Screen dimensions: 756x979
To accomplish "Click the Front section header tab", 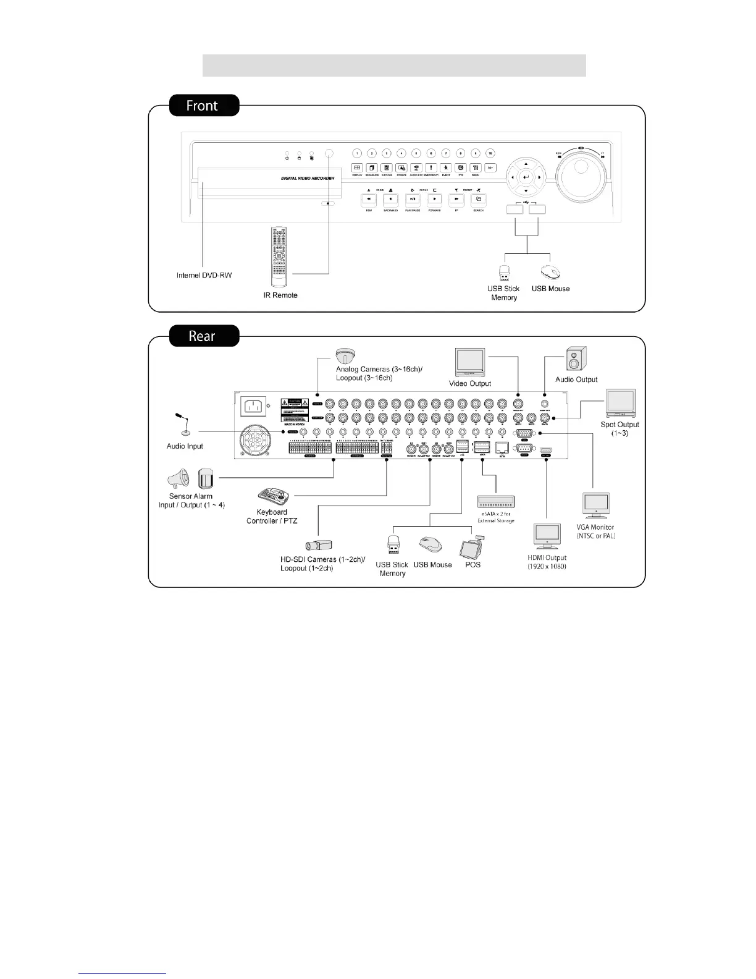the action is [x=202, y=106].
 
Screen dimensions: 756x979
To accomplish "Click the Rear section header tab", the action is [x=202, y=336].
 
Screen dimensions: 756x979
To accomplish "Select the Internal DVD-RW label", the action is [x=204, y=275].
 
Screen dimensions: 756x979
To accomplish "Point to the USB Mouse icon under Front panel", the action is [x=550, y=273].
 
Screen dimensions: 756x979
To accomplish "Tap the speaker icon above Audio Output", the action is [x=577, y=358].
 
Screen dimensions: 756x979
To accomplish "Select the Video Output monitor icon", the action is [x=470, y=362].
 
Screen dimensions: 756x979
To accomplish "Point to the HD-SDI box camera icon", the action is [x=319, y=545].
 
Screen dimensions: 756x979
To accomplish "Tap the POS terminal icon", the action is [x=473, y=546].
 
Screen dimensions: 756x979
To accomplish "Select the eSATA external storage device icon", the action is [x=495, y=501].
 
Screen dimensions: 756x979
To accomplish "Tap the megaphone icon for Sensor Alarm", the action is [x=178, y=479].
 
